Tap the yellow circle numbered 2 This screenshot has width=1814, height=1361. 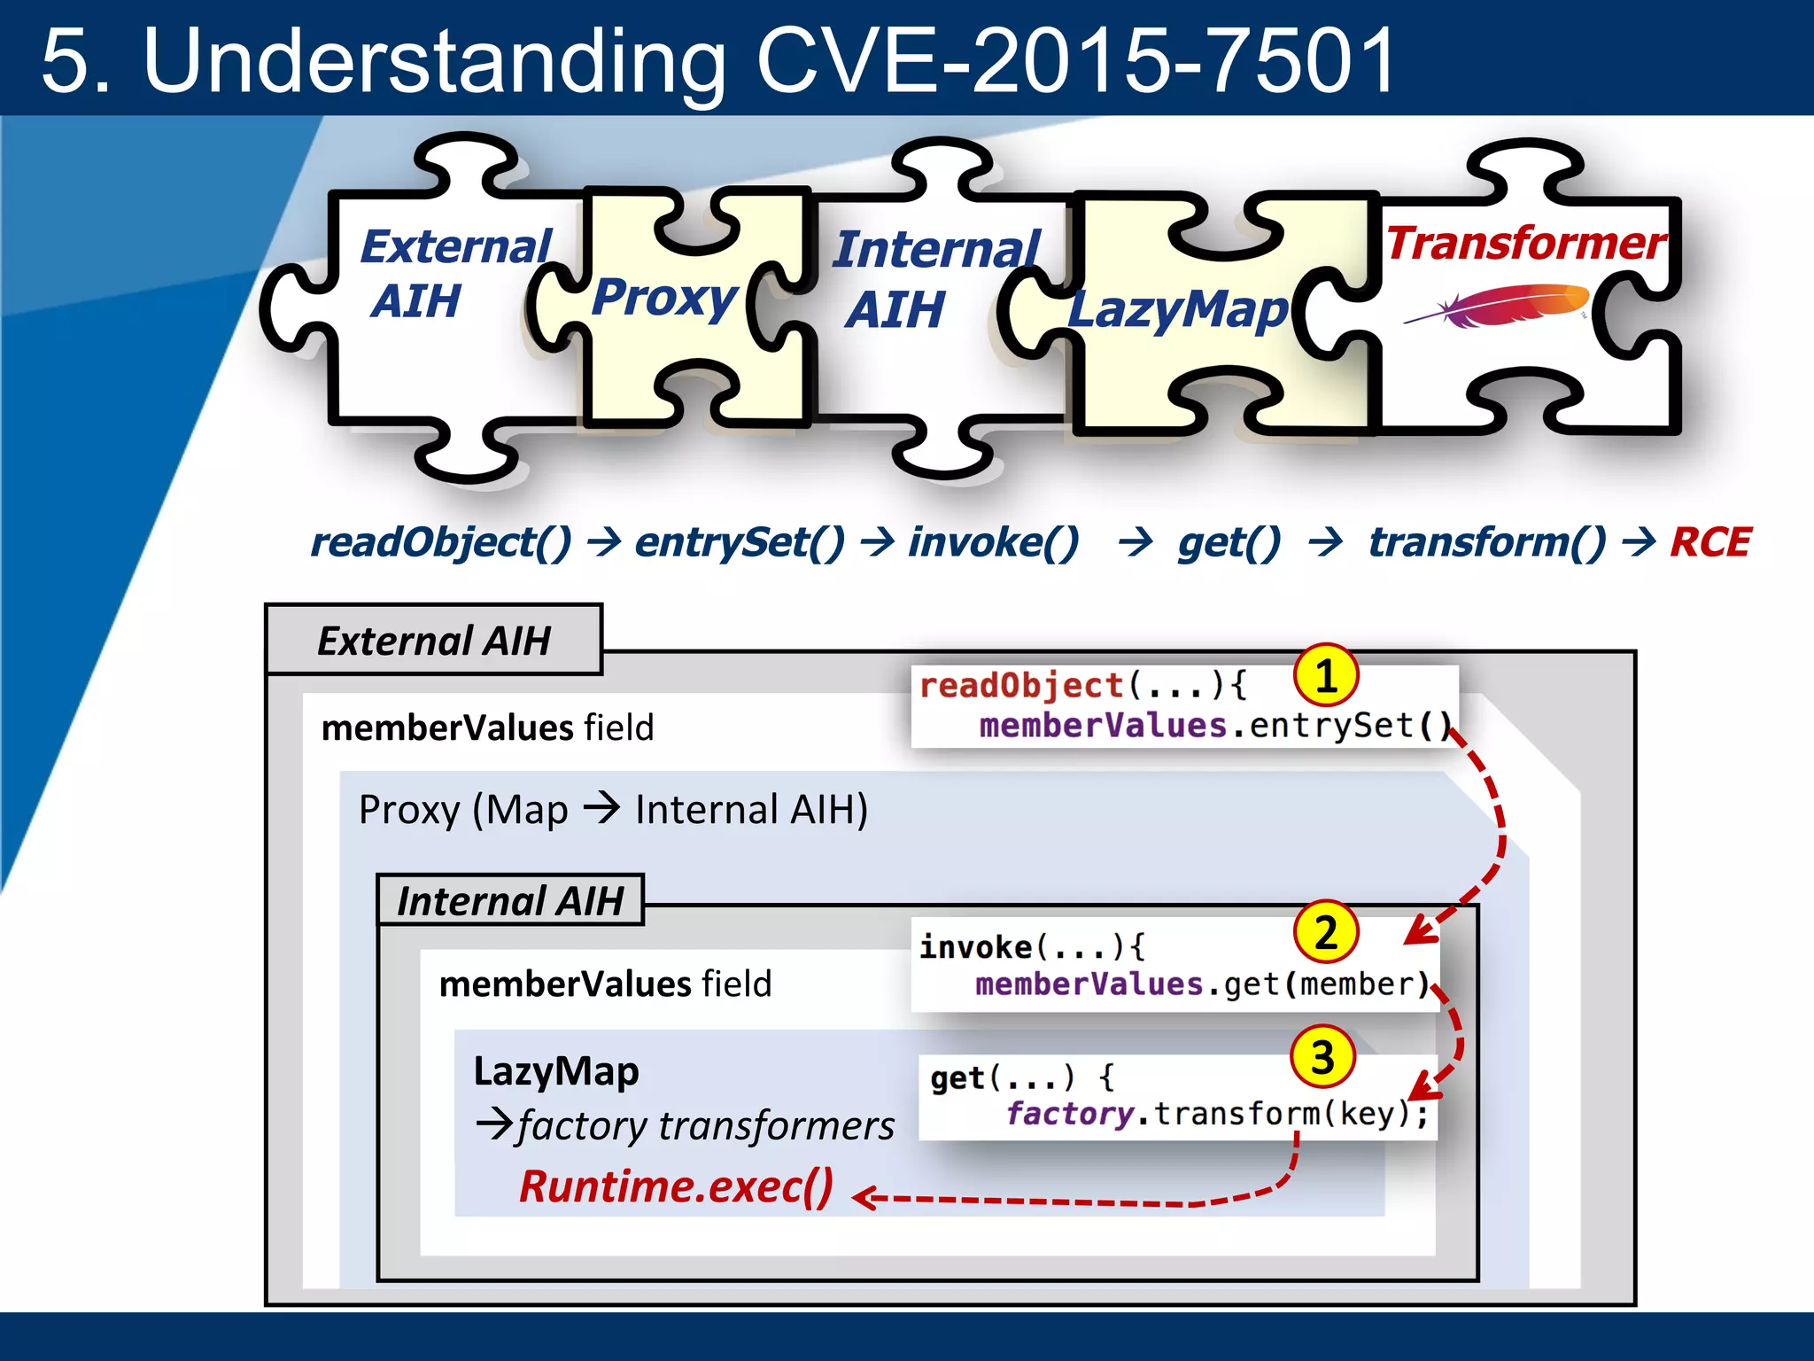coord(1325,932)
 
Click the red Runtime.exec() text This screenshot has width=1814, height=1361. coord(676,1186)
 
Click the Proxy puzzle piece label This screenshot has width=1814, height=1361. coord(664,298)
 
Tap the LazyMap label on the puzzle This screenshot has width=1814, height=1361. coord(1178,311)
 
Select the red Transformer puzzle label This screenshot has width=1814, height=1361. coord(1525,243)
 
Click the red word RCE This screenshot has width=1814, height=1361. coord(1709,542)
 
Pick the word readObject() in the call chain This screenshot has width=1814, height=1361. coord(440,542)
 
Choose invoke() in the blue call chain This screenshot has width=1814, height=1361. coord(993,542)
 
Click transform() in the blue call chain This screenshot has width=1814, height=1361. coord(1486,542)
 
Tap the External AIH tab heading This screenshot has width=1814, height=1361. coord(434,641)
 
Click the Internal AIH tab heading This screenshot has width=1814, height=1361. coord(510,901)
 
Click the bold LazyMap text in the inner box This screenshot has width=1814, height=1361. coord(556,1071)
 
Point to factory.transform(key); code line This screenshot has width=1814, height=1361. coord(1217,1114)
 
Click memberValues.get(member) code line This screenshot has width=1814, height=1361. coord(1202,984)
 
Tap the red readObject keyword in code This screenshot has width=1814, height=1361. coord(1020,686)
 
